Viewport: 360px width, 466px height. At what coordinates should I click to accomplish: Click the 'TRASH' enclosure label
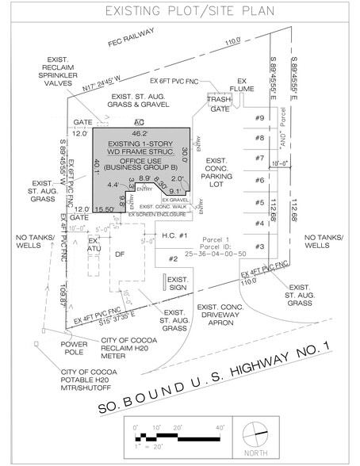point(219,99)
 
